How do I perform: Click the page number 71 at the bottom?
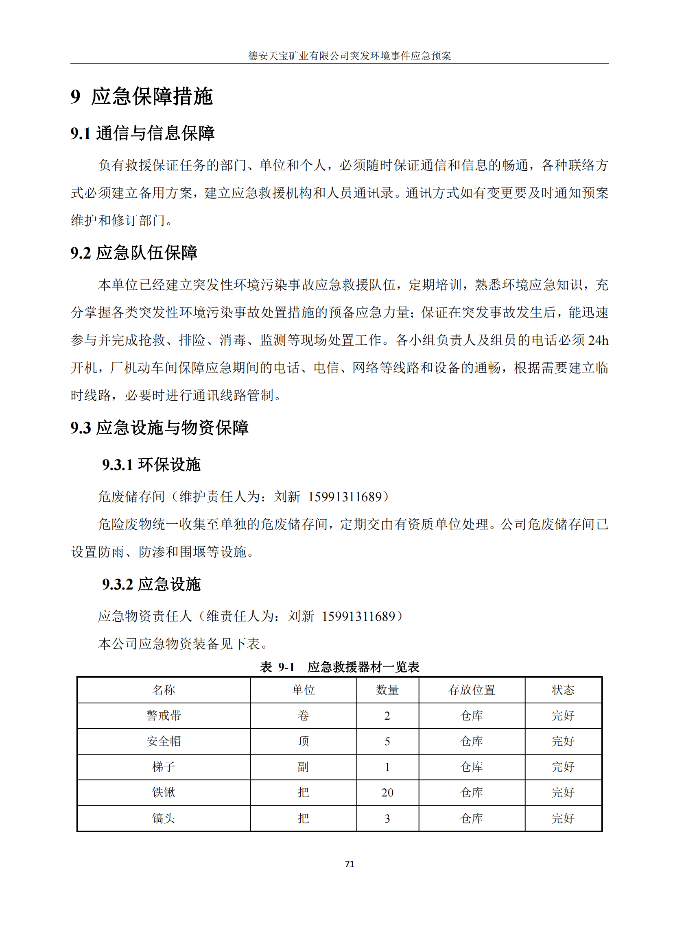click(x=350, y=864)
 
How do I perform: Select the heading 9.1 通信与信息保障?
click(x=142, y=133)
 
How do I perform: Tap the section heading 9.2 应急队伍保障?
click(x=134, y=252)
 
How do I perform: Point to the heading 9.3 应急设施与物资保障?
click(x=159, y=427)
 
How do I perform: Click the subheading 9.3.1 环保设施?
click(x=151, y=464)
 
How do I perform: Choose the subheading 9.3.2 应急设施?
click(x=151, y=584)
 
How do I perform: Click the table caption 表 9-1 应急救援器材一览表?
click(x=339, y=667)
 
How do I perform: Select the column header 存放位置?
click(x=472, y=690)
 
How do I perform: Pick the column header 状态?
click(x=563, y=690)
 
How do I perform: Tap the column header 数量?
click(x=387, y=690)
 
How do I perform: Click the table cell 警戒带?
click(x=164, y=715)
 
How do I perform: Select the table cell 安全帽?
click(x=164, y=741)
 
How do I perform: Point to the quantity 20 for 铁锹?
click(x=387, y=792)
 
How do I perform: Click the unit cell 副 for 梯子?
click(x=303, y=767)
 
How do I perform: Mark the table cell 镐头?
click(x=164, y=818)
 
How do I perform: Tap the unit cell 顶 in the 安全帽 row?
click(x=303, y=741)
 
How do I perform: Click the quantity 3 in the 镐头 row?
click(x=387, y=818)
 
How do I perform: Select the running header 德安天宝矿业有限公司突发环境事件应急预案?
click(x=350, y=56)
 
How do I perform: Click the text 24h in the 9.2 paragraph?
click(x=598, y=340)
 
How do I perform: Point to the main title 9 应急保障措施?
click(x=142, y=96)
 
